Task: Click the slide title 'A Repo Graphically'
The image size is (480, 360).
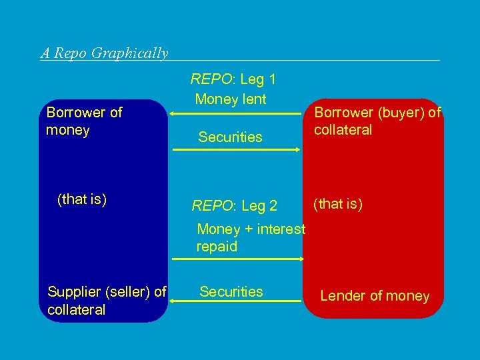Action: (x=105, y=53)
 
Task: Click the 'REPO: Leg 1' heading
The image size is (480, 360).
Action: (x=233, y=80)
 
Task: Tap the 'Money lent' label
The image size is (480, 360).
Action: (x=231, y=100)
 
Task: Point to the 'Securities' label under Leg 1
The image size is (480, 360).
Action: (x=231, y=137)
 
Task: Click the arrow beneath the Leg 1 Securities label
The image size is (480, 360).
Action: (x=237, y=151)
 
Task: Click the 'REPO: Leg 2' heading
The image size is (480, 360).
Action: (x=235, y=206)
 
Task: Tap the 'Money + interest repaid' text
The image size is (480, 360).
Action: (x=251, y=238)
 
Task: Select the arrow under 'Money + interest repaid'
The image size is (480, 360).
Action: (x=237, y=257)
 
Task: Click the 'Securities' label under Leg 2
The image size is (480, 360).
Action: (x=231, y=291)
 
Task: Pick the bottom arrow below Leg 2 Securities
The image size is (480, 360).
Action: (x=235, y=302)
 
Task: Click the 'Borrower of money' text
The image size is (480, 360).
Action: (x=84, y=121)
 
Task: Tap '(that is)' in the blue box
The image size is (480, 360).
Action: (x=83, y=199)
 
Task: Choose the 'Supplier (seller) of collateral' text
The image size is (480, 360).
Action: (x=107, y=300)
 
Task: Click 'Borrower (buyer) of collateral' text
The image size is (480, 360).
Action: (x=377, y=121)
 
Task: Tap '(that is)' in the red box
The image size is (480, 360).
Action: (x=339, y=203)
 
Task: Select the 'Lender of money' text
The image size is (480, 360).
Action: (x=375, y=296)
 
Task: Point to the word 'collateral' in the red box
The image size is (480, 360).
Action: (x=343, y=130)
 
